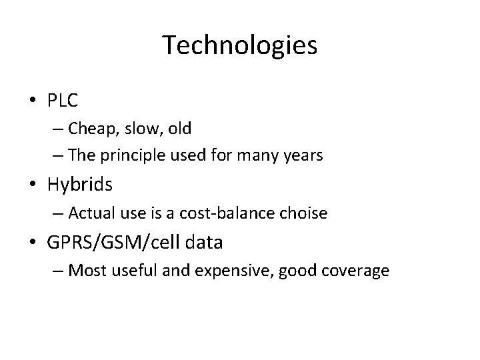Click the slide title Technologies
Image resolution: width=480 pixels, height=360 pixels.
[x=239, y=45]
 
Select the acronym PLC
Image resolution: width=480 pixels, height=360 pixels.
[x=63, y=101]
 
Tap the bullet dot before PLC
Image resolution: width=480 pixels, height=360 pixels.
[x=33, y=101]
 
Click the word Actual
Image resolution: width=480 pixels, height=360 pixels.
[x=90, y=213]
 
